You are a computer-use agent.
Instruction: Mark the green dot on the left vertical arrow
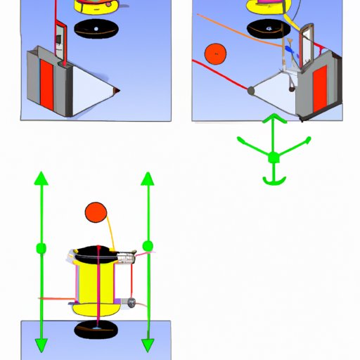point(41,247)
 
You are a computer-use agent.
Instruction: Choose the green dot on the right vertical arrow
point(148,245)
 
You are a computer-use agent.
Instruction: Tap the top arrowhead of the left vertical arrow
point(41,178)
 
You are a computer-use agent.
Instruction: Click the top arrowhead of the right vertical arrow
point(148,177)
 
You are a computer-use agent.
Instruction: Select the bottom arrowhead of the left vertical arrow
point(41,345)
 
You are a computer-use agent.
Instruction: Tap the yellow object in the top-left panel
point(91,6)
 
